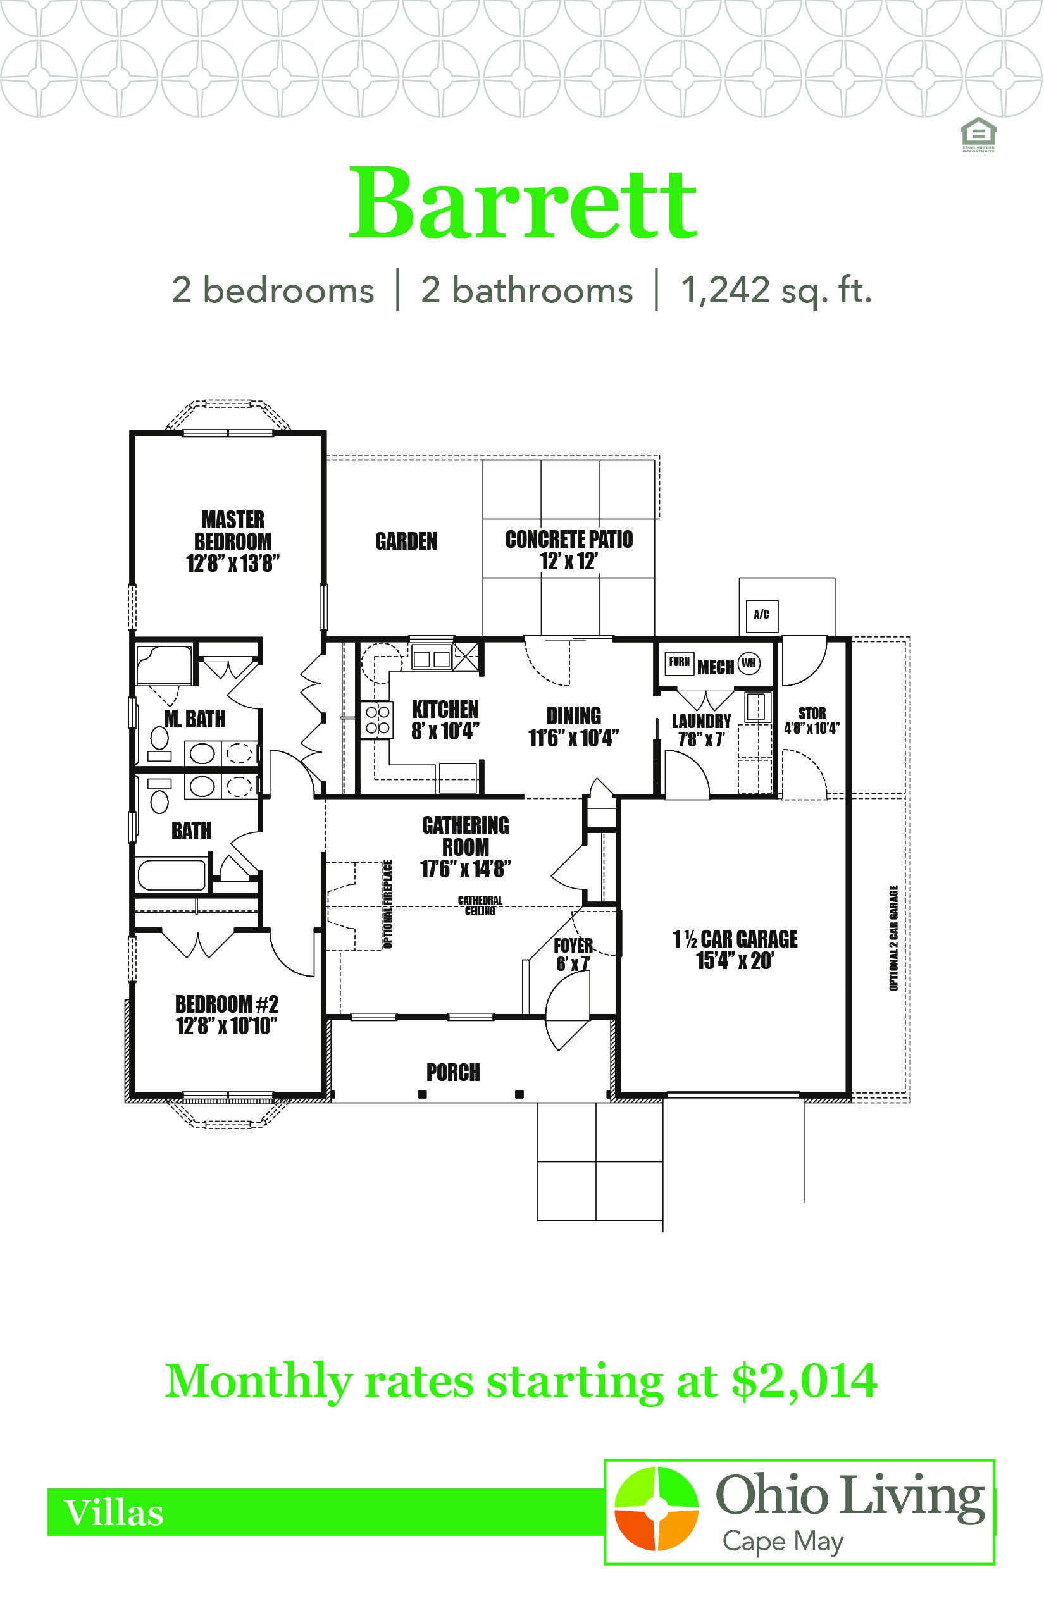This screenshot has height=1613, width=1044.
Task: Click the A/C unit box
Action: (x=761, y=615)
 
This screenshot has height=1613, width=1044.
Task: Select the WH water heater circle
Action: (x=749, y=663)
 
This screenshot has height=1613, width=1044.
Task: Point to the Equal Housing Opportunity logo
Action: (x=978, y=135)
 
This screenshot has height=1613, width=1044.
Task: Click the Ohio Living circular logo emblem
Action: (x=656, y=1509)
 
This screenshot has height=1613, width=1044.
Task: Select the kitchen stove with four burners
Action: (x=378, y=719)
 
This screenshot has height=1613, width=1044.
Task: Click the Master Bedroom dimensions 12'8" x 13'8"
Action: (x=233, y=563)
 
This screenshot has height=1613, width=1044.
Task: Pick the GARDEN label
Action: (x=406, y=541)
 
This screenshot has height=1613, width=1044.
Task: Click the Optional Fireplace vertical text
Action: (x=388, y=904)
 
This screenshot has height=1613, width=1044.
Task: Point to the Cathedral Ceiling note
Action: (x=480, y=905)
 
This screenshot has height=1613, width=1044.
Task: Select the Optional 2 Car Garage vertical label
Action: (x=893, y=938)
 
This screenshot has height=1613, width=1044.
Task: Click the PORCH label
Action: (x=453, y=1072)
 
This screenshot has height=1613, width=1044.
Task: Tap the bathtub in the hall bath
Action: (x=172, y=874)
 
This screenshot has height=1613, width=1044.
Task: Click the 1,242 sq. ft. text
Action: (x=776, y=290)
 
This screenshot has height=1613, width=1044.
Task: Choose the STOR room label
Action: (x=812, y=713)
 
